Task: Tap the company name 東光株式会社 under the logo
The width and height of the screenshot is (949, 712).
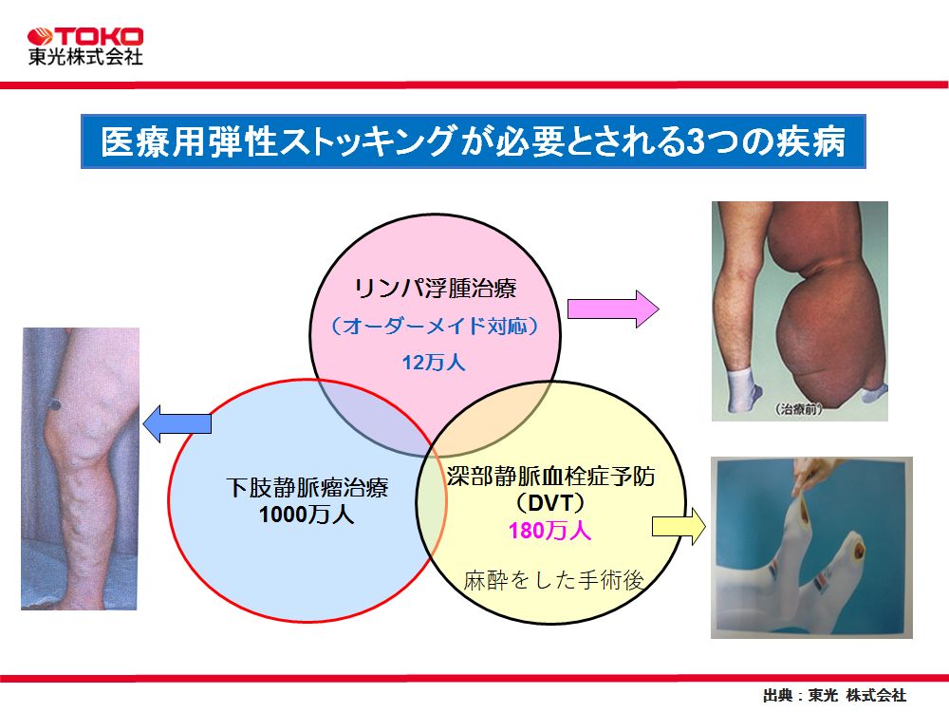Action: coord(85,56)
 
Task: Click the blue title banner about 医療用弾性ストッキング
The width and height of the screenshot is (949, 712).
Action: coord(474,141)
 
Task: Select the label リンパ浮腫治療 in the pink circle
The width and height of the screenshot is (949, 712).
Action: coord(436,289)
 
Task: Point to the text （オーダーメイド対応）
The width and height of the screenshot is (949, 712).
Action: coord(435,327)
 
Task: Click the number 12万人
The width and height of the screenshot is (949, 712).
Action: coord(434,362)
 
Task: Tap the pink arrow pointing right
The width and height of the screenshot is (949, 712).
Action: coord(613,309)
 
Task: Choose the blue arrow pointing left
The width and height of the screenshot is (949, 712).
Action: coord(177,423)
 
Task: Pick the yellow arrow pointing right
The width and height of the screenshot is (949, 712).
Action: coord(679,527)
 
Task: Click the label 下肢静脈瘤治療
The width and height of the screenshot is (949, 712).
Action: coord(307,487)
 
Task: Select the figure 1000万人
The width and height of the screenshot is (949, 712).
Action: coord(307,514)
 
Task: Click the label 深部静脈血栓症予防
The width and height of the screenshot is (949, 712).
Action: coord(550,477)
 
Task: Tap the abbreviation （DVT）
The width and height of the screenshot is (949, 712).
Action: coord(550,503)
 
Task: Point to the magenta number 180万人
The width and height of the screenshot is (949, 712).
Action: coord(549,531)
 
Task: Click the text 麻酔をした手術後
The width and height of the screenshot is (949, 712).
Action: coord(553,580)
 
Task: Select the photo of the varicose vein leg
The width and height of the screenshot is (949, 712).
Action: coord(81,469)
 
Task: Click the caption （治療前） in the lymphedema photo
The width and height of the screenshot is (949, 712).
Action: coord(799,409)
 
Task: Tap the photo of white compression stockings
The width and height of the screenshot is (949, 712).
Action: coord(811,548)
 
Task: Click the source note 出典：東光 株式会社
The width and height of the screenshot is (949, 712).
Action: coord(834,695)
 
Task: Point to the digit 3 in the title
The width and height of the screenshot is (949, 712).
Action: coord(697,141)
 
